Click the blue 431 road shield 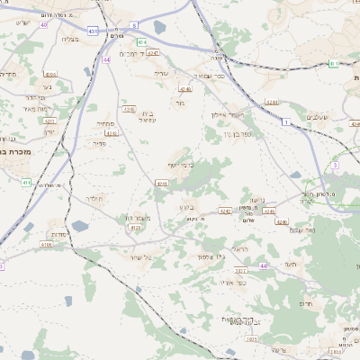pos(93,31)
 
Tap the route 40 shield pos(43,24)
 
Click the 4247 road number pos(153,53)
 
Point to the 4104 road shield pos(50,75)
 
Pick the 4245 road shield pos(129,109)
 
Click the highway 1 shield pos(285,121)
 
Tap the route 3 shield pos(334,166)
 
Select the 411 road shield pos(27,182)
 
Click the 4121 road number pos(136,228)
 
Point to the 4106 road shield pos(46,244)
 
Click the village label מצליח pos(72,39)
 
